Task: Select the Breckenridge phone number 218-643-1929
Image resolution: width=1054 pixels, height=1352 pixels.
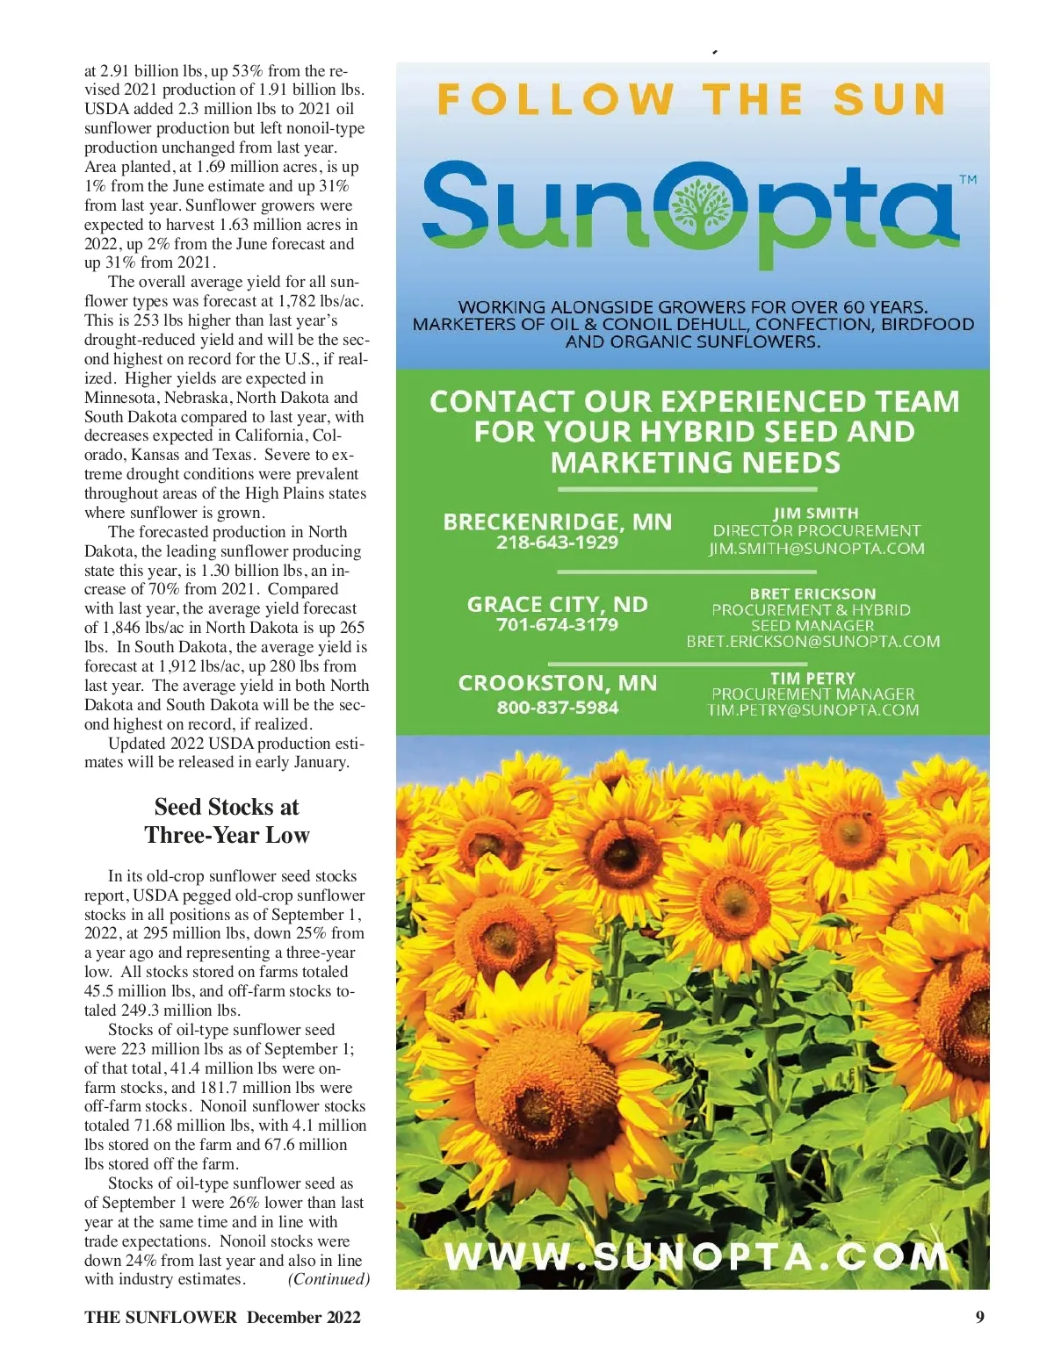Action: pyautogui.click(x=557, y=543)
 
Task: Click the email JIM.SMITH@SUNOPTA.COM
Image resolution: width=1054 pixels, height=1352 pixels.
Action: pyautogui.click(x=817, y=549)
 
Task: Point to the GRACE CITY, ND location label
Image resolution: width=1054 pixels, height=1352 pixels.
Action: pyautogui.click(x=557, y=604)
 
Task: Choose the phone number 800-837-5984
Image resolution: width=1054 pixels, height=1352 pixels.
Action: pyautogui.click(x=557, y=708)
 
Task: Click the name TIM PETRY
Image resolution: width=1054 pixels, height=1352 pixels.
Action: pyautogui.click(x=812, y=678)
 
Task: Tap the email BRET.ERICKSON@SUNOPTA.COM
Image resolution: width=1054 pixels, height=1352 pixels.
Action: pyautogui.click(x=812, y=642)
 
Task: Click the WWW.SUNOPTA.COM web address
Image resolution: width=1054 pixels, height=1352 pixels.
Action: pyautogui.click(x=697, y=1256)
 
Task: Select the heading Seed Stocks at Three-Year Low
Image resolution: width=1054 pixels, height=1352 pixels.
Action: pyautogui.click(x=227, y=821)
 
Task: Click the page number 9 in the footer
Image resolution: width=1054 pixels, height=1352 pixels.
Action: pyautogui.click(x=979, y=1317)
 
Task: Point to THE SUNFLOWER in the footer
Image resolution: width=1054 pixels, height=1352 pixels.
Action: pyautogui.click(x=161, y=1317)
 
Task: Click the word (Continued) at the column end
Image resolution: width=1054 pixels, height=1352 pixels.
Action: pyautogui.click(x=328, y=1279)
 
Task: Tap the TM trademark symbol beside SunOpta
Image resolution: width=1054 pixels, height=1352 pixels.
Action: pyautogui.click(x=967, y=180)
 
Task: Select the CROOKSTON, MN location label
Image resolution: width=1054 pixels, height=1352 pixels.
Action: pyautogui.click(x=557, y=683)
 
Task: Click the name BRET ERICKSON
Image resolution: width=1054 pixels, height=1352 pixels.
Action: pyautogui.click(x=812, y=593)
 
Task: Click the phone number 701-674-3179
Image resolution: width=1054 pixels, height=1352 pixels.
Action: pyautogui.click(x=557, y=625)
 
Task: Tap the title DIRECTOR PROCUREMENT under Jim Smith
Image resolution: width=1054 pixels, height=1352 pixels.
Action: pyautogui.click(x=816, y=530)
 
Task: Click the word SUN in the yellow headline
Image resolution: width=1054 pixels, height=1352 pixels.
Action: pyautogui.click(x=889, y=100)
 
